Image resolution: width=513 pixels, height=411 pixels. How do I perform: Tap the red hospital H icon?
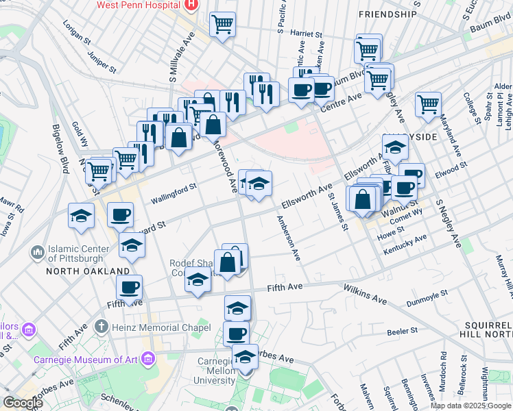pos(191,5)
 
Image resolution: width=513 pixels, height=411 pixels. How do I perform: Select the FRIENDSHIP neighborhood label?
pos(387,14)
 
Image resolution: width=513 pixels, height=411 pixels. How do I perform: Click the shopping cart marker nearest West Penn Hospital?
pos(222,25)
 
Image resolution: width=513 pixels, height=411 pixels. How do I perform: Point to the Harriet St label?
pos(306,34)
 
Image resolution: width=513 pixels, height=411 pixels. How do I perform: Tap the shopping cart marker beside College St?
pos(428,105)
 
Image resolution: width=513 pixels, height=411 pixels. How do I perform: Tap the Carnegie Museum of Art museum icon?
pos(147,358)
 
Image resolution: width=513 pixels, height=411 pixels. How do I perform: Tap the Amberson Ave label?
pos(288,238)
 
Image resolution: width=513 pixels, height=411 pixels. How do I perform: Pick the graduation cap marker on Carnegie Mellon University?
pos(245,357)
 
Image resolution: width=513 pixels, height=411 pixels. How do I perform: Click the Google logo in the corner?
pos(23,403)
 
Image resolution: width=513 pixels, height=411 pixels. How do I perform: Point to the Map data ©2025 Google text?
pos(470,406)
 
